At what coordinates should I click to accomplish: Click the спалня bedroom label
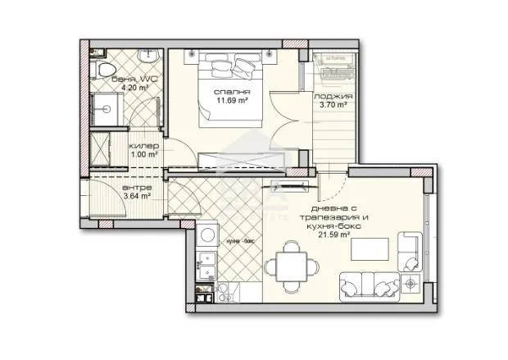(x=226, y=91)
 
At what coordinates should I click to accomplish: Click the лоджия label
(x=333, y=96)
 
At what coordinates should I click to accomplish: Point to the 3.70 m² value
(x=332, y=105)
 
